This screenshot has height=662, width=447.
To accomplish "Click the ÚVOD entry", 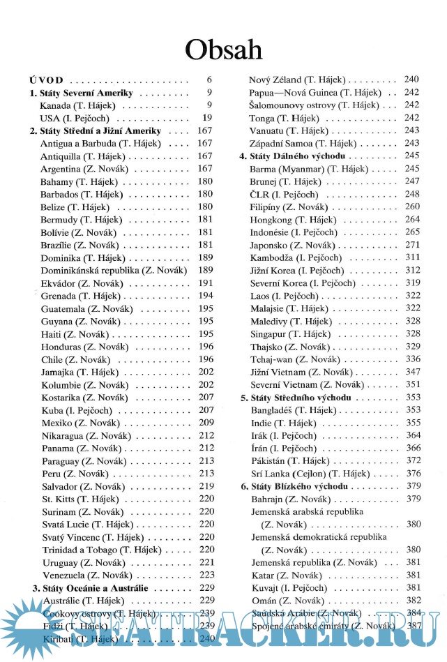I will pyautogui.click(x=47, y=80).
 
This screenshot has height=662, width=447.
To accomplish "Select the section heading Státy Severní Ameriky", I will pyautogui.click(x=82, y=93).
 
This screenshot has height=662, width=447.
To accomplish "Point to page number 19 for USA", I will pyautogui.click(x=207, y=118).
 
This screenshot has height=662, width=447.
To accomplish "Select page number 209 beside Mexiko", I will pyautogui.click(x=206, y=423).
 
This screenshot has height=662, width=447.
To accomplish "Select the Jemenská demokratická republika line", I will pyautogui.click(x=319, y=537).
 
